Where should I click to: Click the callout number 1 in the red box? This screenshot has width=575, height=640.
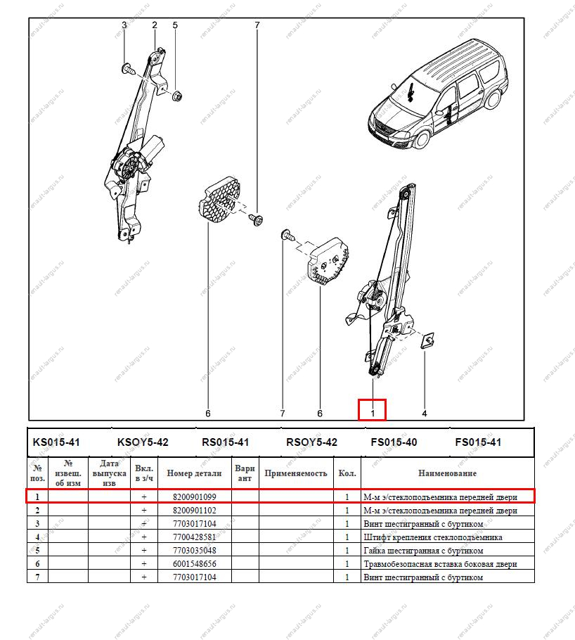[373, 413]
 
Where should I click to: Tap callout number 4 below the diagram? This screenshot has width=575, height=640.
[424, 414]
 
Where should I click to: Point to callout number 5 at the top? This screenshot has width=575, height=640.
[175, 25]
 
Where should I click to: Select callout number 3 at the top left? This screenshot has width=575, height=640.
[124, 25]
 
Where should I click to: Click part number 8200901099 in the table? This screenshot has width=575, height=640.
[194, 497]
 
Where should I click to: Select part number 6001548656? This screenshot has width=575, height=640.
[194, 564]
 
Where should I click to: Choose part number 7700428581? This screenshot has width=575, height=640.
[194, 537]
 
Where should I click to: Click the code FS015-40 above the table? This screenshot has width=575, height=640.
[394, 442]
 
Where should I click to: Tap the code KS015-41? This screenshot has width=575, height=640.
[56, 442]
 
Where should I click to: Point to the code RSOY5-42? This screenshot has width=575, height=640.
[311, 442]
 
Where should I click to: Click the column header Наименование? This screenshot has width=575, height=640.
[447, 473]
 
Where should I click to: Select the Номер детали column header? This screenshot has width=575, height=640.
[194, 473]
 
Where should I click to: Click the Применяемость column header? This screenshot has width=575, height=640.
[295, 473]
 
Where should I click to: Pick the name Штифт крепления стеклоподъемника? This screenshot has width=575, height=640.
[432, 537]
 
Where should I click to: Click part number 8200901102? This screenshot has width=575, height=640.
[194, 511]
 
